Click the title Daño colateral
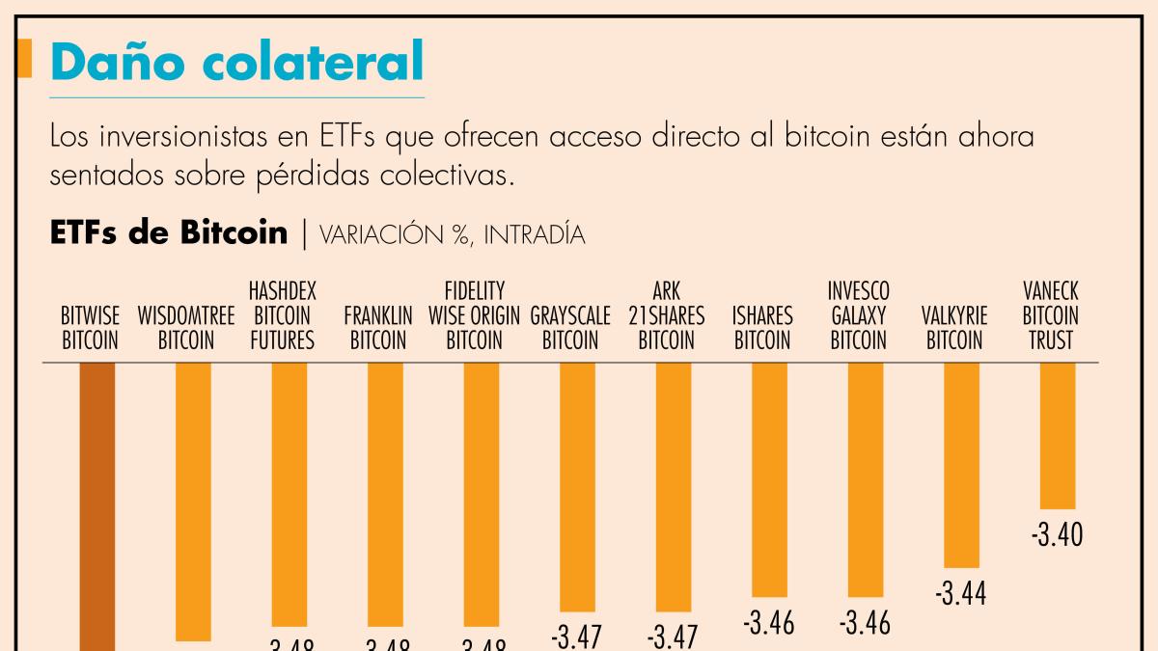click(236, 61)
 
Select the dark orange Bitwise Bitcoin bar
click(96, 502)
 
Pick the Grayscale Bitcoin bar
click(577, 486)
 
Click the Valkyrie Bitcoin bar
click(961, 464)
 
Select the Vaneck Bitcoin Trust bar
click(1057, 435)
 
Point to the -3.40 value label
click(1057, 534)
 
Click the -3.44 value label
click(960, 594)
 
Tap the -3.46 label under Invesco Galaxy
click(865, 623)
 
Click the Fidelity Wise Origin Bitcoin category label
click(475, 315)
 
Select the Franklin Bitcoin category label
click(378, 328)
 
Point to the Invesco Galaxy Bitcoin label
click(859, 315)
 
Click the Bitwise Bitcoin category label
click(90, 328)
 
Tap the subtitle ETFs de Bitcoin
click(169, 232)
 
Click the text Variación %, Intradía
click(451, 234)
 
